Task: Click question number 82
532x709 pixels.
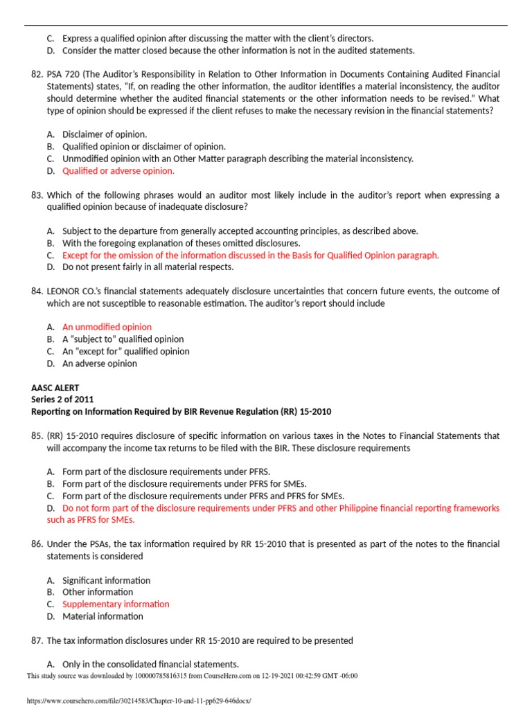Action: [37, 74]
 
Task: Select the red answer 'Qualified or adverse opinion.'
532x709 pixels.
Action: [118, 171]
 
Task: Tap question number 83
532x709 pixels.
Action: [37, 195]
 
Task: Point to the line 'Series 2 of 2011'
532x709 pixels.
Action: [62, 400]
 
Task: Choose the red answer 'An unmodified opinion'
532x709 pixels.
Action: [107, 327]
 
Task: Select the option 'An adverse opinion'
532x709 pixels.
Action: [100, 364]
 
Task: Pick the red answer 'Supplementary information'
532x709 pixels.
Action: [116, 604]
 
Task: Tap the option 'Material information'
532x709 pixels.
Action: [103, 616]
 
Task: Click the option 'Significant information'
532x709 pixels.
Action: [106, 580]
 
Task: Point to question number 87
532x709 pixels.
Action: [37, 640]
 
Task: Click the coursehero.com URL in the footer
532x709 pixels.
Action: [139, 701]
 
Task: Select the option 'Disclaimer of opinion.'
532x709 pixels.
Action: [105, 134]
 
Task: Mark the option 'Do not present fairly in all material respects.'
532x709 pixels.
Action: [148, 267]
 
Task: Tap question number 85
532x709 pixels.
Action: [37, 436]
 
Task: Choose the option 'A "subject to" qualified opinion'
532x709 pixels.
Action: [123, 339]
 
